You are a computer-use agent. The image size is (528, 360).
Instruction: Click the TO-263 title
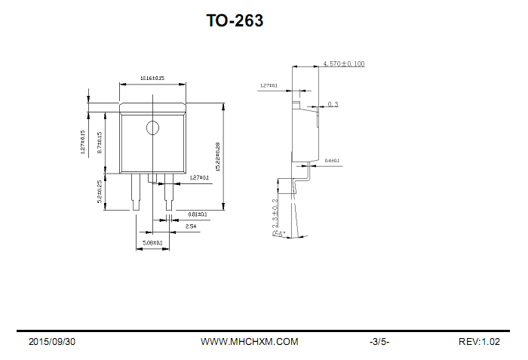[235, 21]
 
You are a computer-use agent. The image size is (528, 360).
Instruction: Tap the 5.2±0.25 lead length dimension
[100, 192]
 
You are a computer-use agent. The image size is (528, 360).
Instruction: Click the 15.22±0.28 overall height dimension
[218, 156]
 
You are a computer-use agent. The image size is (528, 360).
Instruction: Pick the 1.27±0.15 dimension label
[82, 142]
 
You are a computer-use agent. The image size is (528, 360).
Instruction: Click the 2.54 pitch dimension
[191, 226]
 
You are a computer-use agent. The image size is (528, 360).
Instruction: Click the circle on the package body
[153, 128]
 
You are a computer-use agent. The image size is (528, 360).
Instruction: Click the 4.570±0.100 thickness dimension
[343, 64]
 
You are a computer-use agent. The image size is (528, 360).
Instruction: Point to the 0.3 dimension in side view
[333, 104]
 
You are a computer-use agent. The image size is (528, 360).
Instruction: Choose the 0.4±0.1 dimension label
[332, 161]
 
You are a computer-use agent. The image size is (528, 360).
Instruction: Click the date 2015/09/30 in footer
[52, 342]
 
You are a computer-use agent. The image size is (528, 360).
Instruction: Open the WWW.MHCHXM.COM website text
[249, 342]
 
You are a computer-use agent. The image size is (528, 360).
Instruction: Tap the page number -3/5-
[379, 342]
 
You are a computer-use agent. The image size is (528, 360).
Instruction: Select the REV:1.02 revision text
[479, 342]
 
